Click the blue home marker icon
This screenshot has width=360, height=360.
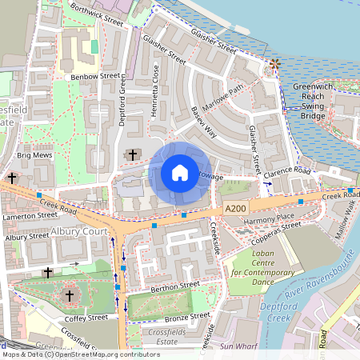click(180, 173)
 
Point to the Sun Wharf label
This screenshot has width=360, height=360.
click(237, 346)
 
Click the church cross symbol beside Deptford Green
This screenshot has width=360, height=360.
click(132, 154)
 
